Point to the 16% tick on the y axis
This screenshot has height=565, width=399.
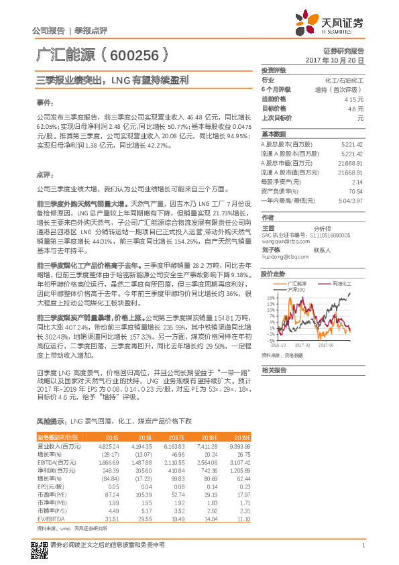(x=267, y=297)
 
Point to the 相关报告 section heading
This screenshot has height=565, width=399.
(x=274, y=370)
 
